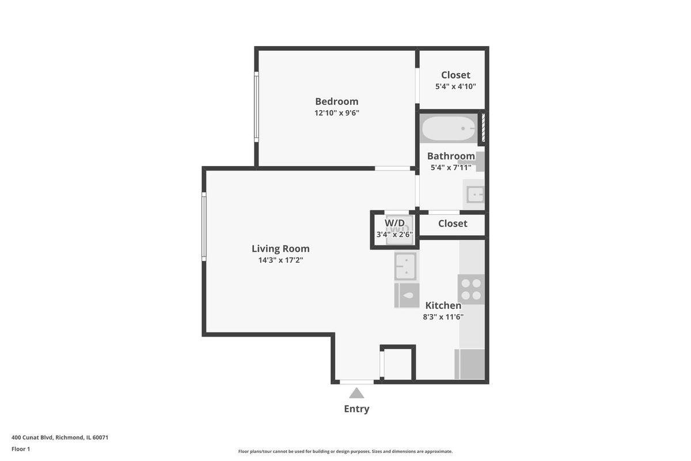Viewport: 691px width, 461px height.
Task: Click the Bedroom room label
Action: tap(336, 101)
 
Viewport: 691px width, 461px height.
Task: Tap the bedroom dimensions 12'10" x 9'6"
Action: tap(336, 113)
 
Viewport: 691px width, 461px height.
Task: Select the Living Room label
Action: tap(280, 248)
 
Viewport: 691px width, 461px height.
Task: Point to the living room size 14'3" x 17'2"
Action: tap(280, 260)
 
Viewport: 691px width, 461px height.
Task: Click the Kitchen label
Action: tap(443, 305)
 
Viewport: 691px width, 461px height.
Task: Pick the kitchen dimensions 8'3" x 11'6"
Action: tap(443, 317)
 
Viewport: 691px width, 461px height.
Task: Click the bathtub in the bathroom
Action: tap(449, 129)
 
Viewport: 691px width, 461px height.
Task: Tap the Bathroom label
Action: tap(451, 156)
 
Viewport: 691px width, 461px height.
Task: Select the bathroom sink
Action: tap(474, 195)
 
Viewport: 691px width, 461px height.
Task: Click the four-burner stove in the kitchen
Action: tap(471, 289)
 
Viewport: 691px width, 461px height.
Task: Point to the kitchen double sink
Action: tap(406, 266)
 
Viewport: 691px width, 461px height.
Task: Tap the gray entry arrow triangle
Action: tap(356, 393)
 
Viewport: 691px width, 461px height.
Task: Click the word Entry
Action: tap(356, 409)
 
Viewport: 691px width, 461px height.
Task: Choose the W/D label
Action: tap(394, 223)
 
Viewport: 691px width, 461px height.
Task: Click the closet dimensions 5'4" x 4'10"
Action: tap(455, 86)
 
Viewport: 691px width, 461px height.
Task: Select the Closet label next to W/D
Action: tap(453, 223)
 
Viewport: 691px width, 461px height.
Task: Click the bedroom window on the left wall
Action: tap(256, 107)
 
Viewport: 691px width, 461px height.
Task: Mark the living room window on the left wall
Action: tap(204, 226)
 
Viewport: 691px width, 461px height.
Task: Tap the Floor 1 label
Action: tap(21, 449)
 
